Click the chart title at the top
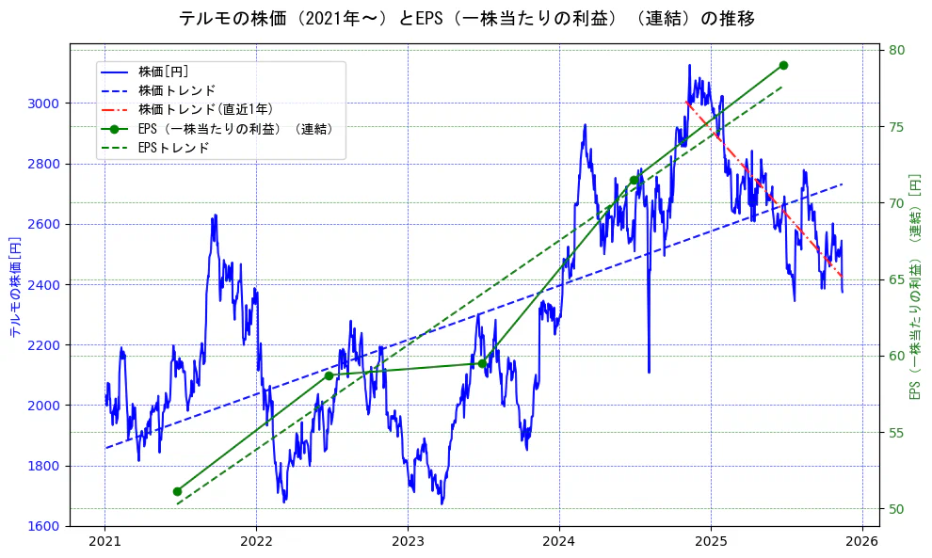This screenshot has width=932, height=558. point(466,19)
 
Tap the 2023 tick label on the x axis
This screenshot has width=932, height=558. point(408,542)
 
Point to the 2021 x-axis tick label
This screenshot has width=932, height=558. point(104,542)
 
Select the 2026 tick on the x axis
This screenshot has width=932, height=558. point(862,542)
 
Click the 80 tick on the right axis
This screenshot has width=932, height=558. point(897,51)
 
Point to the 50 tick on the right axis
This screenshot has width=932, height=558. point(897,509)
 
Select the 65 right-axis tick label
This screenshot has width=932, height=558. point(897,279)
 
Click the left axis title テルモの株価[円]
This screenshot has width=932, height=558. point(14,287)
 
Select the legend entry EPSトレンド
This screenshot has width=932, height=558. point(173,148)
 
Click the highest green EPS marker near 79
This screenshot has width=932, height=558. point(783,65)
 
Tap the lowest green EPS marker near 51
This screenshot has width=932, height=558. point(177,491)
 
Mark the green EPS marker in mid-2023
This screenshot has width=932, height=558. point(481,363)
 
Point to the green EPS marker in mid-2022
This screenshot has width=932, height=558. point(329,375)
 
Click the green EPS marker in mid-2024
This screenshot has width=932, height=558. point(634,180)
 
